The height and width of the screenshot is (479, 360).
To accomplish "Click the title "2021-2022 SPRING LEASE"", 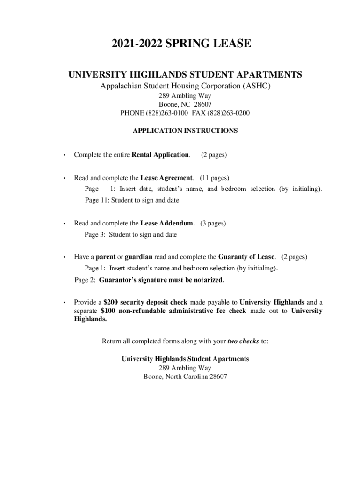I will coord(181,44).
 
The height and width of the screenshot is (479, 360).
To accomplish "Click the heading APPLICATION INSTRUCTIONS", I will coord(185,131).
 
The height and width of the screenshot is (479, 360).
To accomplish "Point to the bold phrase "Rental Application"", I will coord(161,155).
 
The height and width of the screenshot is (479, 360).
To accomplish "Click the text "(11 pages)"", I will coord(215,178).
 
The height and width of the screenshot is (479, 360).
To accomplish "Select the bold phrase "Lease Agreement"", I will coord(166,178).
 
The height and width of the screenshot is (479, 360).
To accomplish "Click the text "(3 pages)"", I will coord(213,223).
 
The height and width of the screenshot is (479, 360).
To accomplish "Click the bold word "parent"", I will coord(106,257).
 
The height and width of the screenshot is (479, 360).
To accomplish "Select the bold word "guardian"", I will coord(138,257).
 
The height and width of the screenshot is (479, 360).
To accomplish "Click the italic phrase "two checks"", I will coord(243,341).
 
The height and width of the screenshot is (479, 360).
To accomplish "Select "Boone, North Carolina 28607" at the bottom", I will coord(185,377).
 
